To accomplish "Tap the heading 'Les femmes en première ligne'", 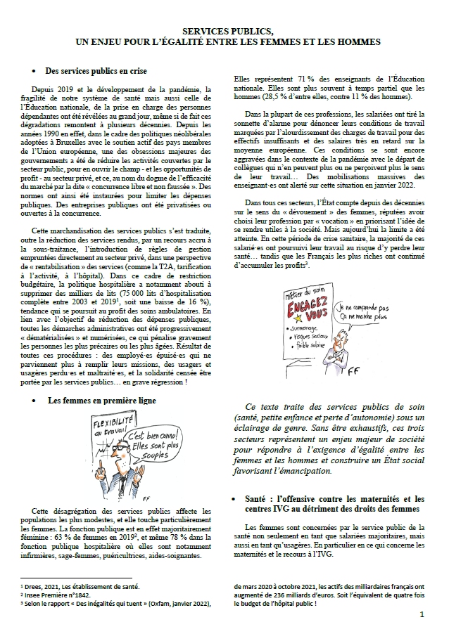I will [x=96, y=400].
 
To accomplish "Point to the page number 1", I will [x=422, y=613].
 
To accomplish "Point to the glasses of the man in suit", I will [x=117, y=447].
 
